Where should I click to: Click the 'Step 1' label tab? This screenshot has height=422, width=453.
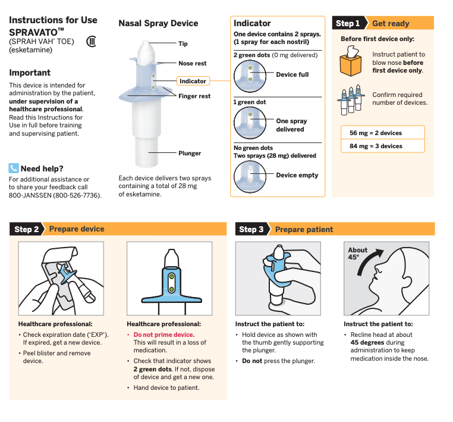pos(348,23)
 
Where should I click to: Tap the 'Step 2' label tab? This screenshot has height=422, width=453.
pos(27,229)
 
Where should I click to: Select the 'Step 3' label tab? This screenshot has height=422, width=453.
pos(251,229)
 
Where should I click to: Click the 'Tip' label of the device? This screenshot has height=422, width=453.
pos(183,43)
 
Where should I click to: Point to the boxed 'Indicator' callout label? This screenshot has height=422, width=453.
pos(193,81)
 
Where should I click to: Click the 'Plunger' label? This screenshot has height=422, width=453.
pos(190,153)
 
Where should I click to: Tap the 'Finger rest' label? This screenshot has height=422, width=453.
pos(194,96)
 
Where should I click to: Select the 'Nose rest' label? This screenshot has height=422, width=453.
pos(193,63)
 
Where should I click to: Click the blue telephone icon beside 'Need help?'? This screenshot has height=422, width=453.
pos(14,168)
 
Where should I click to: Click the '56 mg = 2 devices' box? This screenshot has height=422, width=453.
pos(383,133)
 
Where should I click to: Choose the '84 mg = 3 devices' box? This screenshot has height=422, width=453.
pos(383,146)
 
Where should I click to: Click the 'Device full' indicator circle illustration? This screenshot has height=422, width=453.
pos(250,74)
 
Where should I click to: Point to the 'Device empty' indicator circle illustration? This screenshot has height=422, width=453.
pos(250,175)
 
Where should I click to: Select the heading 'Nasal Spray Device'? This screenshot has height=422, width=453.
pos(158,23)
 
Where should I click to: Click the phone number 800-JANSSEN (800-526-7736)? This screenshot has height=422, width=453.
pos(55,195)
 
